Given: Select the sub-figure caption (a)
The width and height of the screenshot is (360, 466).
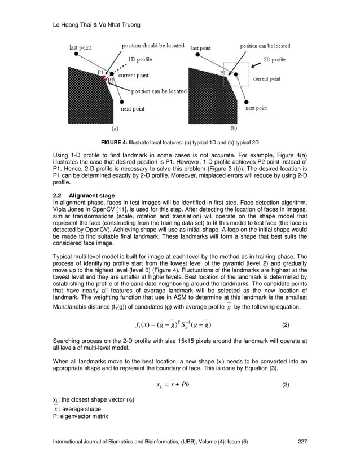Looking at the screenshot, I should tap(115, 128).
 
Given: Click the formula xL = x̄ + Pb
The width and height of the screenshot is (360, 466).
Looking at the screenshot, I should tap(174, 385).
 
